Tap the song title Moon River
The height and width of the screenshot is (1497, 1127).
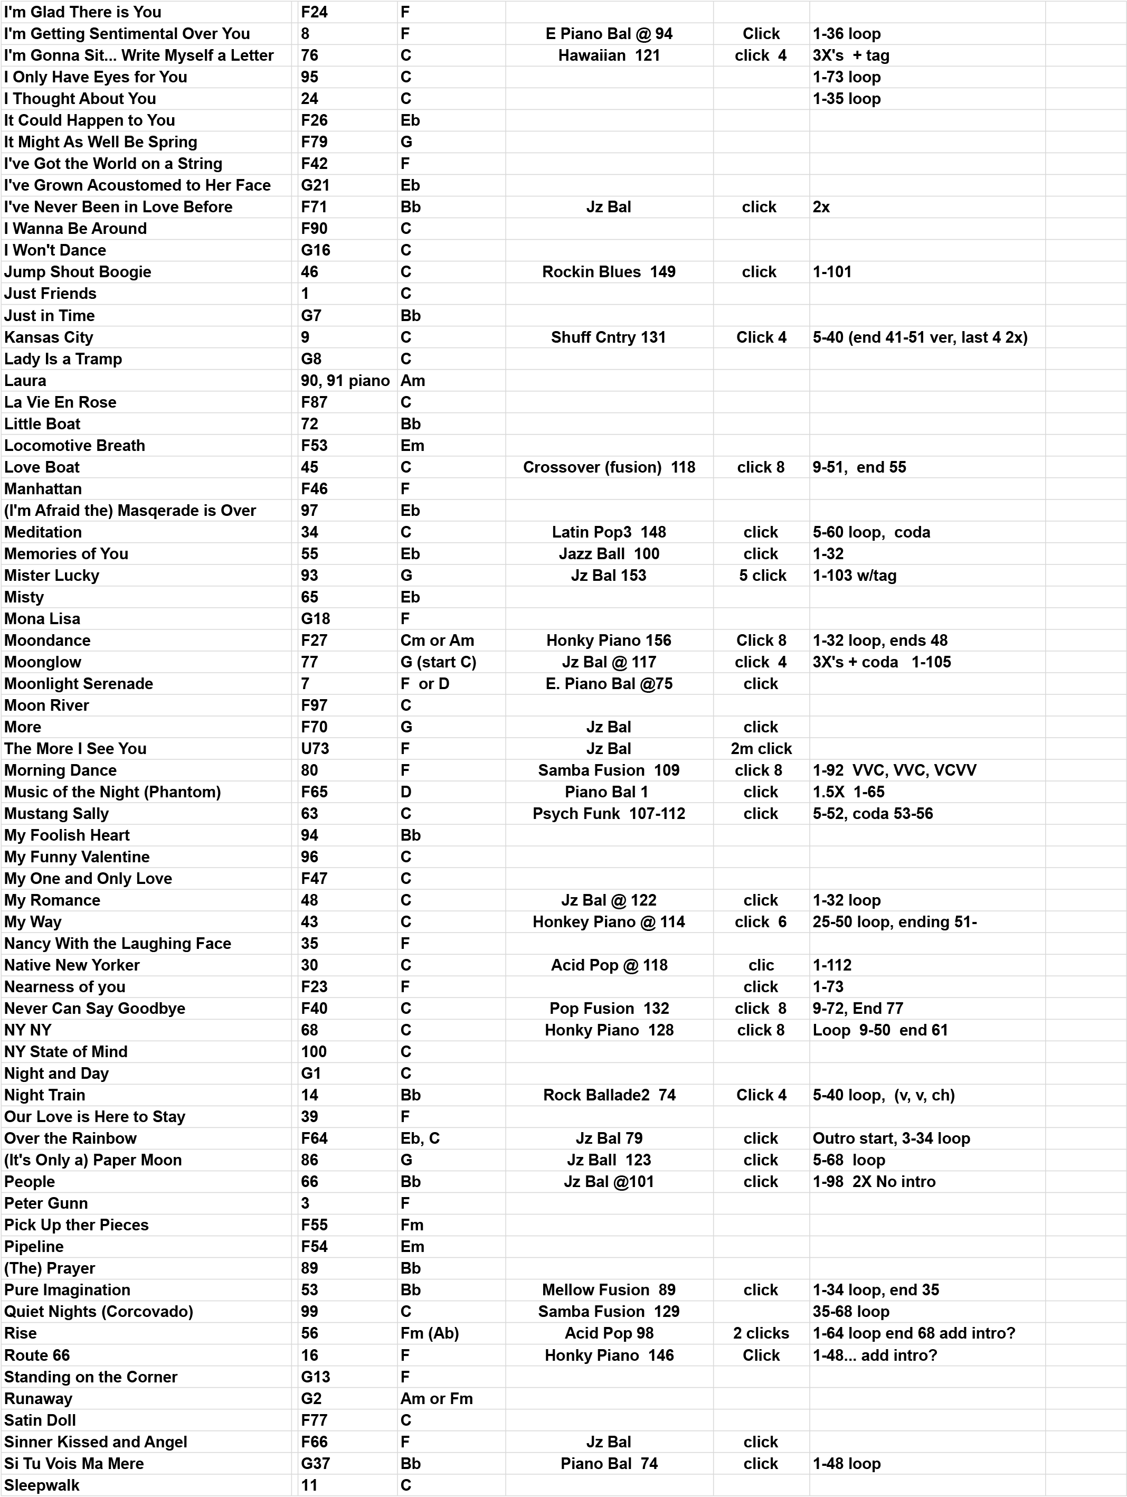pyautogui.click(x=46, y=705)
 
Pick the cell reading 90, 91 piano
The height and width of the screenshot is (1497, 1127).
pyautogui.click(x=345, y=380)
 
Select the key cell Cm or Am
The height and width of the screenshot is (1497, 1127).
pyautogui.click(x=437, y=640)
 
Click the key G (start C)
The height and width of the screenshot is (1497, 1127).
pyautogui.click(x=438, y=662)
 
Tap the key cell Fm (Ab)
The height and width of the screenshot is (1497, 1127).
pyautogui.click(x=430, y=1333)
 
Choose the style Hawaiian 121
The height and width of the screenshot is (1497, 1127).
pyautogui.click(x=609, y=55)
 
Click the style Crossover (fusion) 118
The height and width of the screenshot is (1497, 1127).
pyautogui.click(x=609, y=467)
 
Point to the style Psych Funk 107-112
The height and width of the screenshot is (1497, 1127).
pyautogui.click(x=609, y=814)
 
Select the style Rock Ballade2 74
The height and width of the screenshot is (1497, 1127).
pyautogui.click(x=609, y=1095)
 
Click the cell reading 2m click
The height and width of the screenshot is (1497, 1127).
pyautogui.click(x=761, y=749)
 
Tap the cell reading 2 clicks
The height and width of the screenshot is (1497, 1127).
pyautogui.click(x=761, y=1333)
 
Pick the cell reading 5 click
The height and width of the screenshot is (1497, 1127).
pyautogui.click(x=762, y=575)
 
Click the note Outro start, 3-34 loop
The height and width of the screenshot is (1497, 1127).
pyautogui.click(x=891, y=1138)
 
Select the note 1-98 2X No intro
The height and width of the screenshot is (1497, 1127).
pyautogui.click(x=873, y=1182)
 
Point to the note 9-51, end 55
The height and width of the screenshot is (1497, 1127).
pyautogui.click(x=859, y=467)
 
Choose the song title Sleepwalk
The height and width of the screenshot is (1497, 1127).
pyautogui.click(x=42, y=1485)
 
